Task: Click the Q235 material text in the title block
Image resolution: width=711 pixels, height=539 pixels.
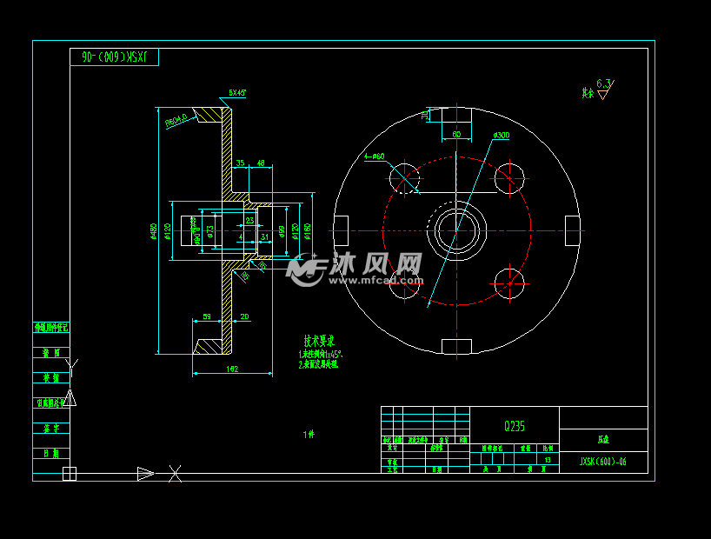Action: [514, 426]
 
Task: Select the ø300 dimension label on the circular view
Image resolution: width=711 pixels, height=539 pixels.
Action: [501, 136]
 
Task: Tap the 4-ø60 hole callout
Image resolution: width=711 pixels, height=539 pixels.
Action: [377, 156]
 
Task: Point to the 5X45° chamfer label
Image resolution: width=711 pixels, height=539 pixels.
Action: [237, 92]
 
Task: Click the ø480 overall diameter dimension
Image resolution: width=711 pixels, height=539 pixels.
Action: [153, 231]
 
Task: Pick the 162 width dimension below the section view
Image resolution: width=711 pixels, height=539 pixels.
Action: [232, 369]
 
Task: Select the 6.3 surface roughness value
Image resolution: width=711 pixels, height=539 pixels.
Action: [604, 83]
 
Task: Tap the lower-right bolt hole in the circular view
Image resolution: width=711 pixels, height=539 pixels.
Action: [509, 283]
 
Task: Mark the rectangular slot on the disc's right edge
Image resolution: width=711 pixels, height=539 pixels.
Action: [572, 230]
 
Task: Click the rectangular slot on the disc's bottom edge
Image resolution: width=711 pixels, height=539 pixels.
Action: [456, 347]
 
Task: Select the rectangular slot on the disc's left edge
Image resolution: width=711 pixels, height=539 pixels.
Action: [341, 230]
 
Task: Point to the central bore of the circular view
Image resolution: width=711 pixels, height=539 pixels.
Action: [456, 230]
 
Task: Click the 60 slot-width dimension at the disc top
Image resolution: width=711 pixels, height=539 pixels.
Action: [456, 134]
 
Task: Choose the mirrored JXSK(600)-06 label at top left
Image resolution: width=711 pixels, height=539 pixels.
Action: [115, 57]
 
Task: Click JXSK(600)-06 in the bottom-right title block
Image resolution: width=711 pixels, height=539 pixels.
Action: [602, 462]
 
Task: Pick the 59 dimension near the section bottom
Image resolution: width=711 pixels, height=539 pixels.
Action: [207, 316]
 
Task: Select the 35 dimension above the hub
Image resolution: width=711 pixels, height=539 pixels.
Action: [240, 163]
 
